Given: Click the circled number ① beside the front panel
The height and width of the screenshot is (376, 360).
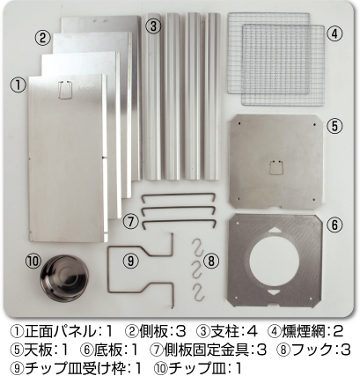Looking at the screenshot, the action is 18,85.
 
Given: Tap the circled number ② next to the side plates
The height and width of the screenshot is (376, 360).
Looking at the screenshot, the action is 43,38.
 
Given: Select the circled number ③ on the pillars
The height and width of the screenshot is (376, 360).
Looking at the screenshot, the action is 153,26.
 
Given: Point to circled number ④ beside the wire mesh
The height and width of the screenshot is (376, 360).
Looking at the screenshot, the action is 334,34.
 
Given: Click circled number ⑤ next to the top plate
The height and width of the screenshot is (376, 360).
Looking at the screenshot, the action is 334,126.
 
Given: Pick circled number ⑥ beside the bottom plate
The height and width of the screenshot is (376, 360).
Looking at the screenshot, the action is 334,225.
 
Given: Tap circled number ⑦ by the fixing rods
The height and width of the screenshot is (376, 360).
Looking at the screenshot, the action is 130,221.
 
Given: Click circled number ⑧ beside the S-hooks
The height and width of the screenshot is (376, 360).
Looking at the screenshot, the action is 211,261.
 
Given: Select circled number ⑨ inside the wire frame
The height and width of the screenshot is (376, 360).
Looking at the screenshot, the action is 130,261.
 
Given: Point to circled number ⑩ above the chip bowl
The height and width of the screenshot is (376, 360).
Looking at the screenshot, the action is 33,261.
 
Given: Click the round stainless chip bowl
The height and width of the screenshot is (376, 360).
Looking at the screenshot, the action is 64,278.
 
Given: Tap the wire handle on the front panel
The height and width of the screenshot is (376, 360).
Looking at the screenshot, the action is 65,91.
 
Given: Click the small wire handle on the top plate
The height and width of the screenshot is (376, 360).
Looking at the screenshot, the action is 276,168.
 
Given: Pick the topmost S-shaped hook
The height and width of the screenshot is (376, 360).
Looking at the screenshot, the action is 199,247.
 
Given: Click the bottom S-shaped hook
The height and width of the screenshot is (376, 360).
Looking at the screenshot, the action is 199,292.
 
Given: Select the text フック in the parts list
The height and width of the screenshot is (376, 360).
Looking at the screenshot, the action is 312,350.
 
